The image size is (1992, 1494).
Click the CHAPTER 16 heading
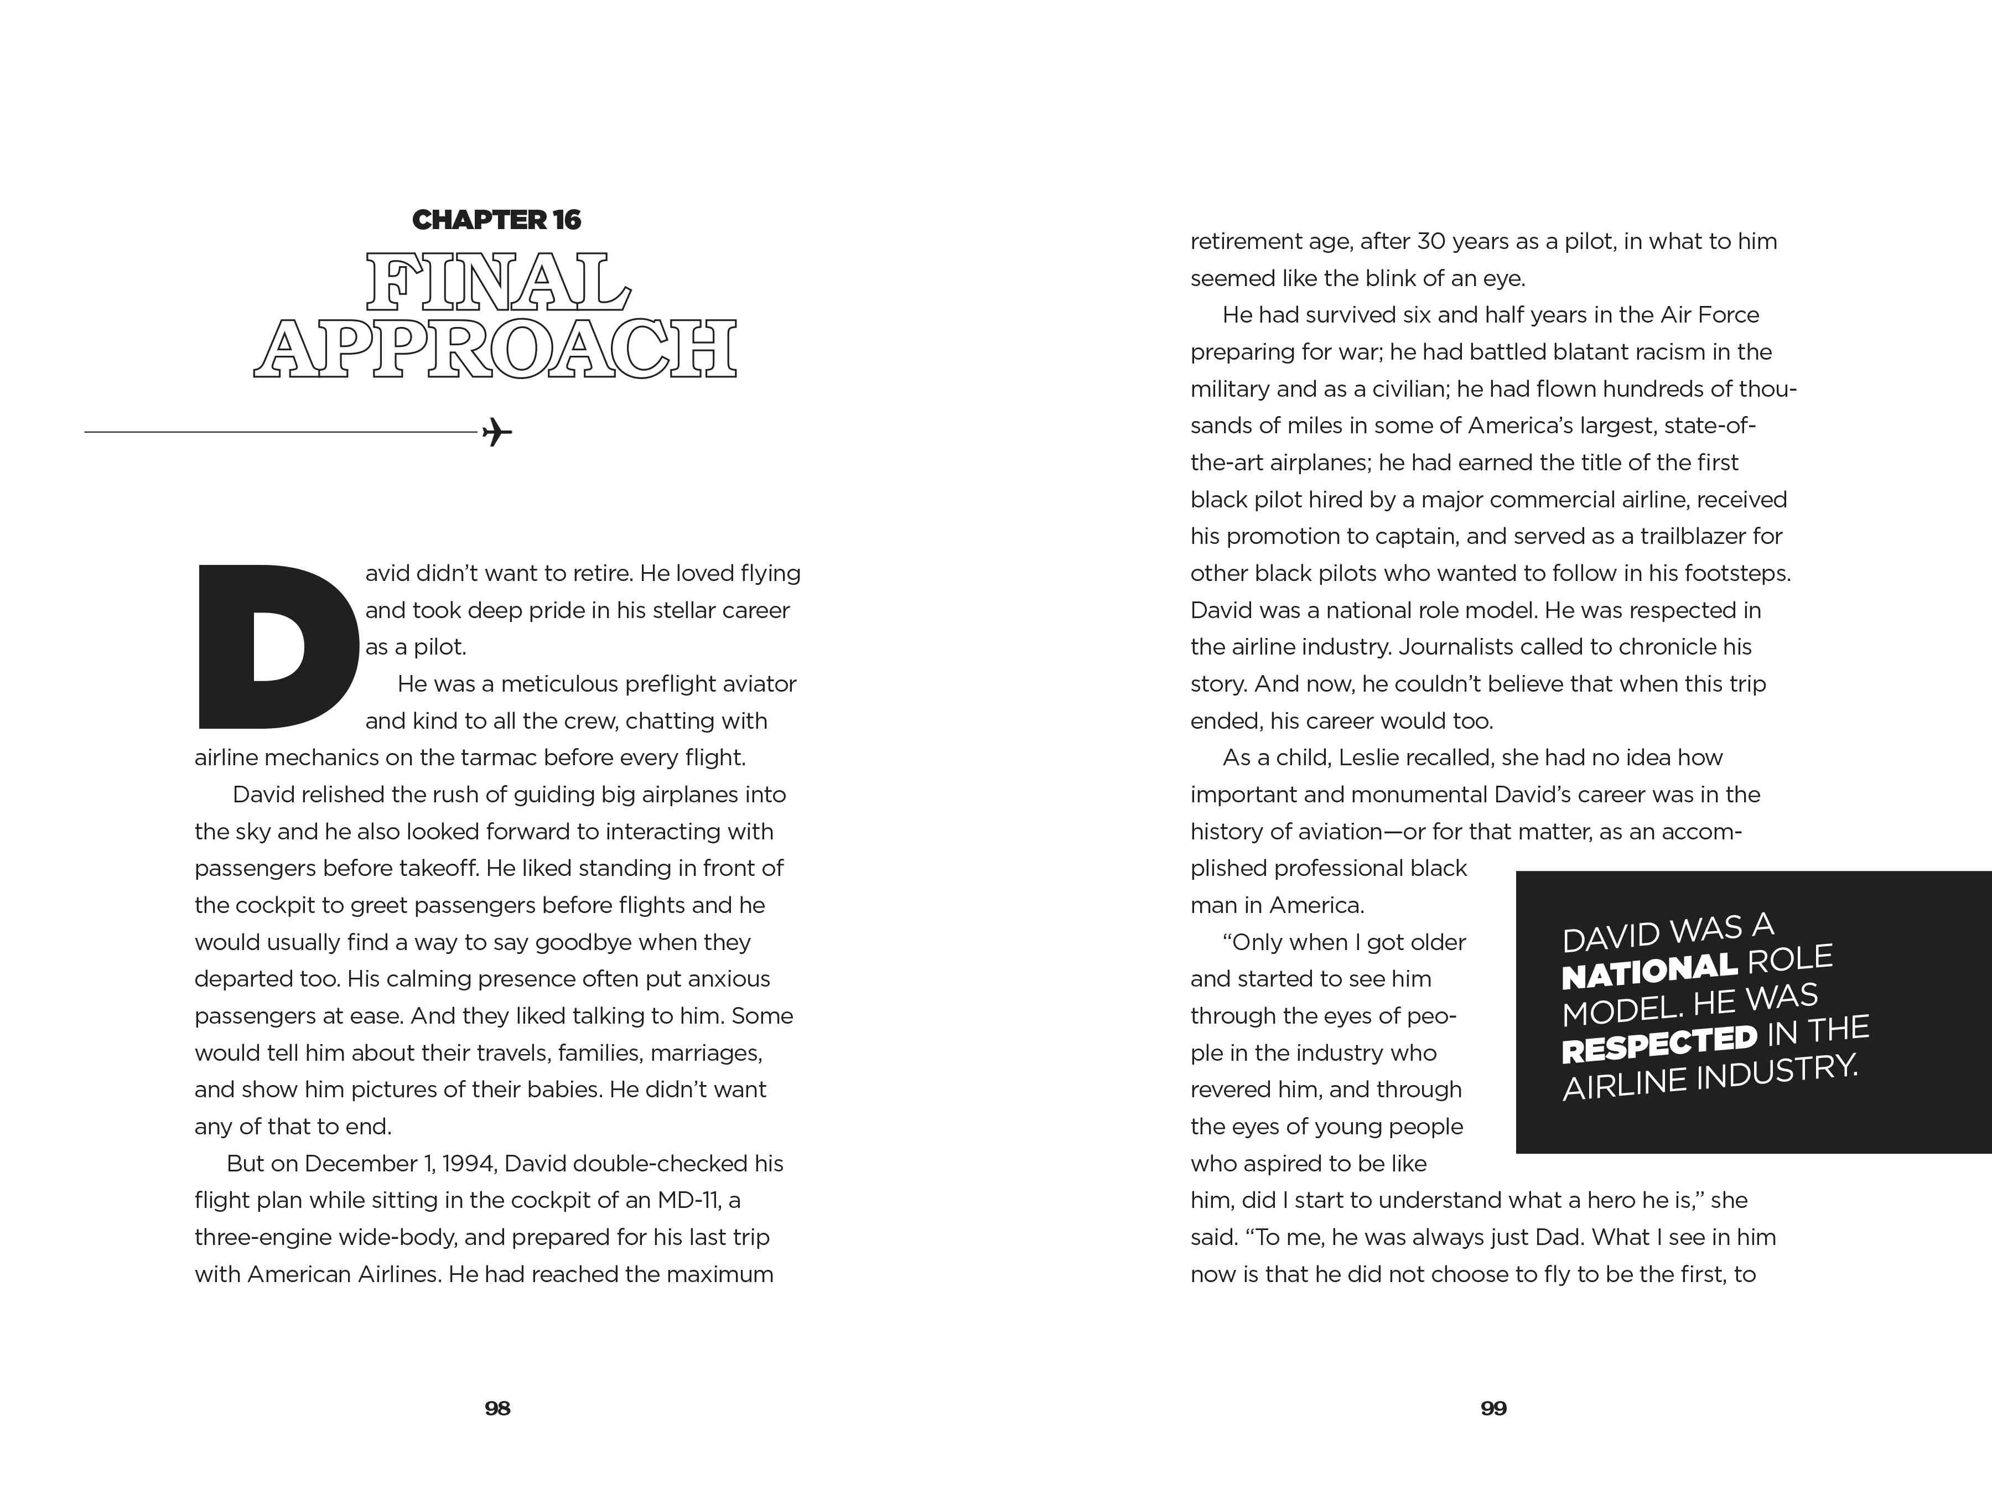coord(496,220)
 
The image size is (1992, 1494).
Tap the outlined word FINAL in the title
coord(497,282)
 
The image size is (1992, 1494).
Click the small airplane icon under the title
coord(497,432)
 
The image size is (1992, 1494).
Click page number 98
coord(497,1408)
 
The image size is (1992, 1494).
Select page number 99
coord(1493,1408)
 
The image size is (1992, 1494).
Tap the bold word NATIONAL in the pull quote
coord(1649,971)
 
